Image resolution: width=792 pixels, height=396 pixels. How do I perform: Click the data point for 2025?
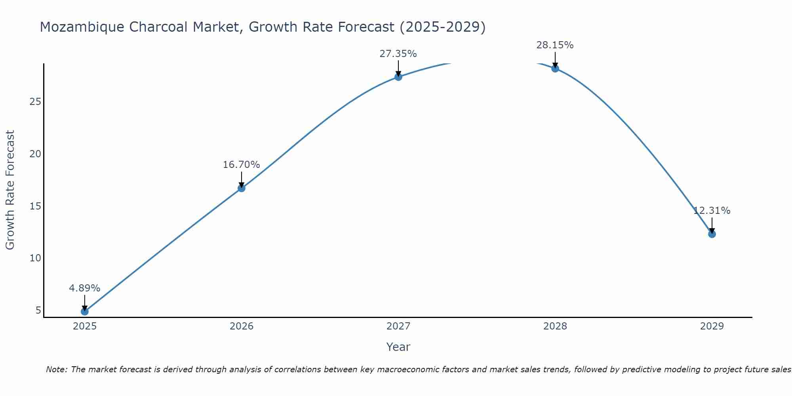(84, 312)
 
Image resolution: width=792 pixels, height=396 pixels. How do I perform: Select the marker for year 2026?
(241, 188)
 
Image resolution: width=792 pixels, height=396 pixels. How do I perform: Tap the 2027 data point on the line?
(398, 77)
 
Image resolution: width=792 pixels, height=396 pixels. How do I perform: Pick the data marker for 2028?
(555, 69)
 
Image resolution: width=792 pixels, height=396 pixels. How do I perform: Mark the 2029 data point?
(712, 234)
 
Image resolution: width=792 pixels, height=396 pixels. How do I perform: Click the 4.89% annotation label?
(84, 288)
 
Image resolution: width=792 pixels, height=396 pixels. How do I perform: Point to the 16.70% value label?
(241, 165)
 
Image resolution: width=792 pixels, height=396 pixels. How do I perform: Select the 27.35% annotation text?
(398, 54)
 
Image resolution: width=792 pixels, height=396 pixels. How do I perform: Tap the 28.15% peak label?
(555, 45)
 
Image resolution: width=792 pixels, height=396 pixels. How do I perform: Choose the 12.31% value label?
(712, 211)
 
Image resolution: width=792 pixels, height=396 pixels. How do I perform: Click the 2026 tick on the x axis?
(241, 326)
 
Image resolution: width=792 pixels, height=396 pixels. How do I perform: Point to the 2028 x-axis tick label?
(555, 326)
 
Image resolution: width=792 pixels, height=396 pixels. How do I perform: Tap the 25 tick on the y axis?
(35, 102)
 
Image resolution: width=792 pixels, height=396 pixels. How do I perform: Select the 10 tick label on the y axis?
(35, 258)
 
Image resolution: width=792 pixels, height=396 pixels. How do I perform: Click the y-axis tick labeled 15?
(35, 206)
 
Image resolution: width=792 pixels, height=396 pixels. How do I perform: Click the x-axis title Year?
(398, 347)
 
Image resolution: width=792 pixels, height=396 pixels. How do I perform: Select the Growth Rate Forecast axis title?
(10, 190)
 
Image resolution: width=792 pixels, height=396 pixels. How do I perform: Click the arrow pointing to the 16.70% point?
(241, 179)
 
